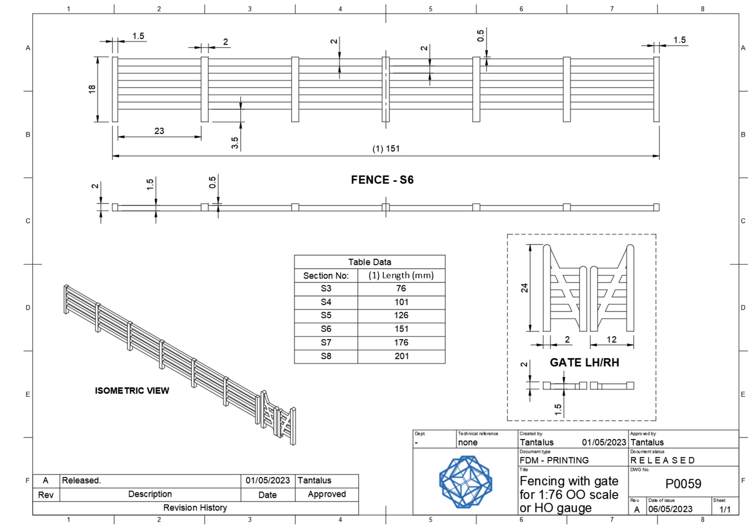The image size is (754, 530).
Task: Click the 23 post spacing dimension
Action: click(x=159, y=131)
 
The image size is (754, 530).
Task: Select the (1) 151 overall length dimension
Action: click(x=386, y=149)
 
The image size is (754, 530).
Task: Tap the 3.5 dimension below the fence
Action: click(x=235, y=143)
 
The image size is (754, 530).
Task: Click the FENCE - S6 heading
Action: click(x=382, y=180)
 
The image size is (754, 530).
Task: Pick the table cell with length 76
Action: click(x=401, y=288)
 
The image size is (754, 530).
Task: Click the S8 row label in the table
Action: click(x=326, y=356)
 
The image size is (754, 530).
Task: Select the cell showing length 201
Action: click(x=401, y=356)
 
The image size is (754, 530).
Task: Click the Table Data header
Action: click(x=370, y=262)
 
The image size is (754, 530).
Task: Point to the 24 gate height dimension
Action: click(x=525, y=288)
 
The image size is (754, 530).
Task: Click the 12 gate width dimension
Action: click(x=611, y=339)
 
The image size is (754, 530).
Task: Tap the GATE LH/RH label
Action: click(x=584, y=362)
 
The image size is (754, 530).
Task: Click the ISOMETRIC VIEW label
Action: click(x=132, y=391)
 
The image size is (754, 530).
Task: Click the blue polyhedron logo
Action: click(x=465, y=481)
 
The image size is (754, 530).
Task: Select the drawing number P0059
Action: click(x=683, y=484)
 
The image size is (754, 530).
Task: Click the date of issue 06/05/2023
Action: click(x=670, y=509)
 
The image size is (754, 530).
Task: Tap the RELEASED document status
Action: click(x=662, y=460)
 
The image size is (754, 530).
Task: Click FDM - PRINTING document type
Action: click(x=554, y=460)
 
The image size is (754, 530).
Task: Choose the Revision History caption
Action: click(x=195, y=508)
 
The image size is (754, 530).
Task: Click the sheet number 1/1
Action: click(x=725, y=509)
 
